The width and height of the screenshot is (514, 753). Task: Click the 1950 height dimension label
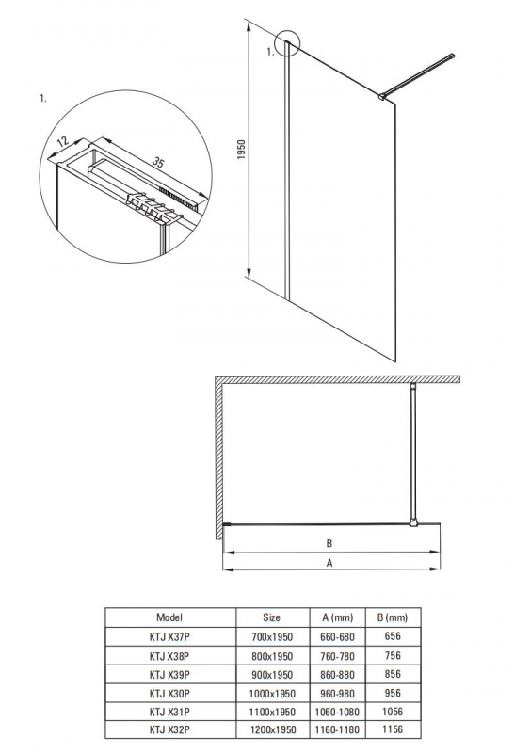tap(241, 150)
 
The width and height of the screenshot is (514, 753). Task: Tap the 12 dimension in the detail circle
tap(63, 142)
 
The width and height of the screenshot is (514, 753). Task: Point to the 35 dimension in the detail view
tap(158, 162)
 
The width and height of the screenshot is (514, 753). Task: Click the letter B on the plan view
tap(329, 544)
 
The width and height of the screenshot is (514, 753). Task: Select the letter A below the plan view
tap(329, 563)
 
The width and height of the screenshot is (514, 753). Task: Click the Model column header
tap(169, 617)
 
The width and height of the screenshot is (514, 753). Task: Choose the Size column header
tap(271, 617)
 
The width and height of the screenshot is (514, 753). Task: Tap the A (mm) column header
tap(337, 617)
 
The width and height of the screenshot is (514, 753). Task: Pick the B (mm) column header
tap(392, 617)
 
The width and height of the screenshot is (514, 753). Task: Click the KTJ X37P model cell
tap(169, 637)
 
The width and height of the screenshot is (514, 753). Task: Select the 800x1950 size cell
tap(272, 656)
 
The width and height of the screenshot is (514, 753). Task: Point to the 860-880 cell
tap(337, 675)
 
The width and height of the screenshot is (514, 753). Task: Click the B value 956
tap(393, 693)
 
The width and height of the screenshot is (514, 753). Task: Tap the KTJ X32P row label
tap(169, 730)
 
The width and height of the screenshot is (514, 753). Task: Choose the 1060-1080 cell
tap(337, 712)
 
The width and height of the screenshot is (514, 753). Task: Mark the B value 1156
tap(393, 729)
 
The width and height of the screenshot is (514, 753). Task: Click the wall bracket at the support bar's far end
tap(451, 56)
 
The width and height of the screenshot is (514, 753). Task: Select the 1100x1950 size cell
tap(272, 712)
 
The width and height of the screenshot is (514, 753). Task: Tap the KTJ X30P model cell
tap(169, 694)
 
